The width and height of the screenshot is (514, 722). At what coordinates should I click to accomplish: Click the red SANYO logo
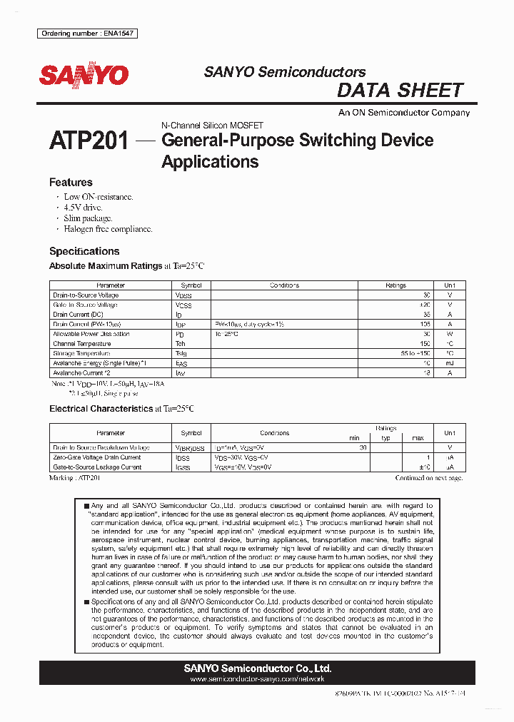(84, 76)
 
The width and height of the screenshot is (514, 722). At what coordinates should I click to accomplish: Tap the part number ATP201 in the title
(89, 141)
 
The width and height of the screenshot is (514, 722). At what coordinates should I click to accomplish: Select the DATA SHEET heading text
(400, 91)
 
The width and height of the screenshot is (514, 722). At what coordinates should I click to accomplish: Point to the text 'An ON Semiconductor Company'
(404, 113)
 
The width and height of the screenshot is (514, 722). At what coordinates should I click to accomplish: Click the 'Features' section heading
(71, 183)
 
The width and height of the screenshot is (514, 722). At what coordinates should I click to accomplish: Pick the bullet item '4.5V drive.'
(83, 208)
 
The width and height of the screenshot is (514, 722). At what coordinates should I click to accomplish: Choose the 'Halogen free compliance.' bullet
(108, 229)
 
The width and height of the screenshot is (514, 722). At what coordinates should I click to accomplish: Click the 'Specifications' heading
(84, 251)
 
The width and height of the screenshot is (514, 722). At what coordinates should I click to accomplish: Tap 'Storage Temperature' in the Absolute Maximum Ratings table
(81, 353)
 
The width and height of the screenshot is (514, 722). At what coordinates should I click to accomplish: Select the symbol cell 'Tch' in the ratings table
(181, 344)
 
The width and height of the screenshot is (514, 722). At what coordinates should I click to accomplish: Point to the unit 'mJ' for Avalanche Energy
(449, 363)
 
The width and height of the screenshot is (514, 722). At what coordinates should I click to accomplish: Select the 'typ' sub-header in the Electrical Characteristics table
(385, 438)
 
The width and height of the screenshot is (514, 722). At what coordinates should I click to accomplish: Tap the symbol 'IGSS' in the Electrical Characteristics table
(183, 467)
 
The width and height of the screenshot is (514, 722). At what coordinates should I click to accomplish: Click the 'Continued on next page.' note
(428, 478)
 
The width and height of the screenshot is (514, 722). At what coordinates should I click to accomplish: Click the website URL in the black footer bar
(257, 680)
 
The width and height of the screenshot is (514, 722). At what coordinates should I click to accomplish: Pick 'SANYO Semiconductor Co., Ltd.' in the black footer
(257, 668)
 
